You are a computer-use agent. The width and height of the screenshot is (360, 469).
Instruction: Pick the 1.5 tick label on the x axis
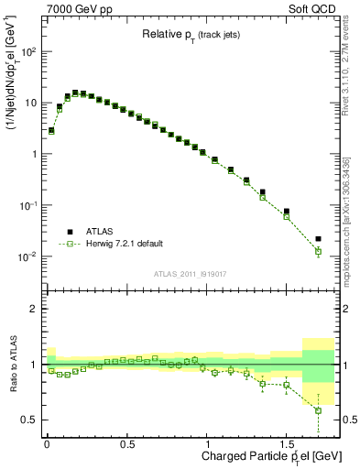[287, 442]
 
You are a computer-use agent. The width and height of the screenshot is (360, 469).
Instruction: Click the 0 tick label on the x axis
[47, 442]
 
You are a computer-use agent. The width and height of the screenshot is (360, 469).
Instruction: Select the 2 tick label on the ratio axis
[35, 309]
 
